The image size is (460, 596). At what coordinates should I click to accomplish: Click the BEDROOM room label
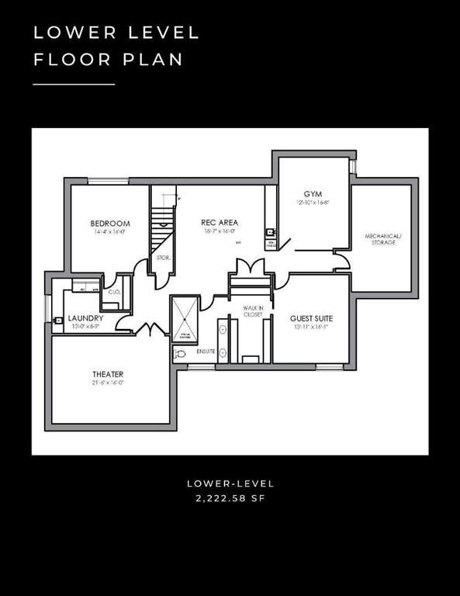(x=110, y=223)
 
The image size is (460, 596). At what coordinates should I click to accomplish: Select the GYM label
(x=313, y=193)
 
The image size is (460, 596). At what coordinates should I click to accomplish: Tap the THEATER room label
(x=108, y=374)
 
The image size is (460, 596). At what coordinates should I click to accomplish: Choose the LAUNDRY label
(x=85, y=318)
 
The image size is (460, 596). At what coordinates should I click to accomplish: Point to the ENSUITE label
(x=206, y=352)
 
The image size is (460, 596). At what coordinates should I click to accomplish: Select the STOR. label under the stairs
(x=163, y=257)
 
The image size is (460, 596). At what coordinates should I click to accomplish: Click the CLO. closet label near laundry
(x=114, y=292)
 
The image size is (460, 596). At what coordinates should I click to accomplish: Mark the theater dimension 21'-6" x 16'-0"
(x=108, y=383)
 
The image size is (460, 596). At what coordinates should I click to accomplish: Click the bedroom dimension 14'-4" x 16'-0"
(x=110, y=232)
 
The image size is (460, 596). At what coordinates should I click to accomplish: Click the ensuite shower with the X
(x=185, y=319)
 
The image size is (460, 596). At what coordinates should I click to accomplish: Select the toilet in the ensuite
(x=180, y=353)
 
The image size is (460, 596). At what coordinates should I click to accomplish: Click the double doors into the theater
(x=148, y=329)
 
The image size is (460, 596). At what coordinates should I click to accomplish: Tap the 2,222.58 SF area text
(x=230, y=499)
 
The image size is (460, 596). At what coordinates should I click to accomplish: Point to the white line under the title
(x=74, y=84)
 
